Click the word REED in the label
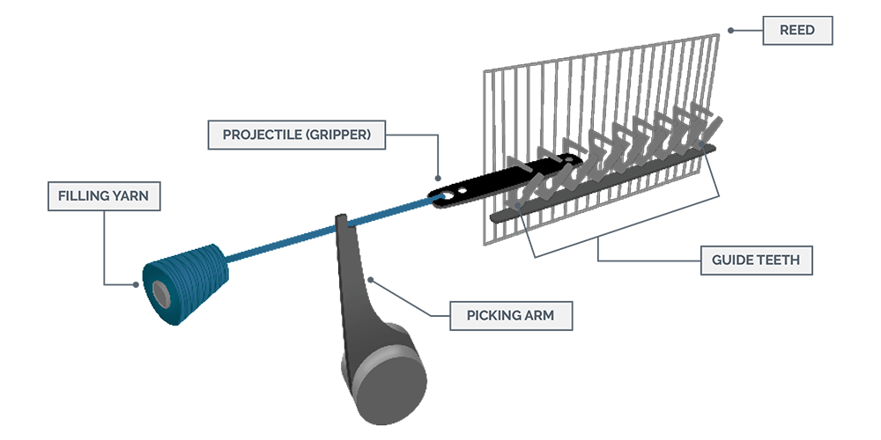796,30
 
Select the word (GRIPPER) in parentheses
338,136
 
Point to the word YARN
131,195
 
